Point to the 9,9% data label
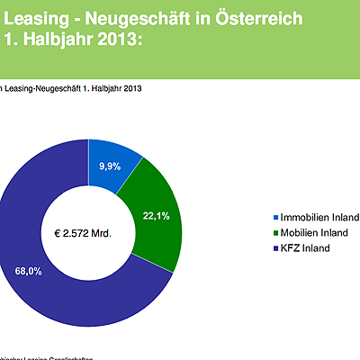pos(110,166)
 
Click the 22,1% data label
pos(157,215)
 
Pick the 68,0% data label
pos(28,270)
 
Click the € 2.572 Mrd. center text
pos(83,233)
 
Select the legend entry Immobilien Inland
pos(319,218)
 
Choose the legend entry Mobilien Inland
pos(315,233)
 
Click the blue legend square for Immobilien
pos(275,218)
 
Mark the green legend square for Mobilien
pos(275,233)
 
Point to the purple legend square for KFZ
pos(275,248)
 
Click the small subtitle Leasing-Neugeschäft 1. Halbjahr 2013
pos(72,88)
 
